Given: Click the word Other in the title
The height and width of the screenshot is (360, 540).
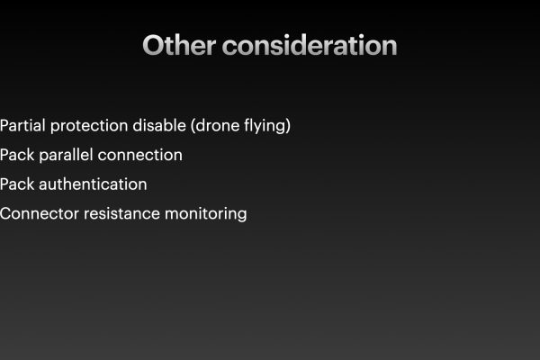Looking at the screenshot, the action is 179,45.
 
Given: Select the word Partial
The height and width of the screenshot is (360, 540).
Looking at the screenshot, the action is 22,125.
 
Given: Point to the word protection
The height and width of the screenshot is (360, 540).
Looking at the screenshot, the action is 89,126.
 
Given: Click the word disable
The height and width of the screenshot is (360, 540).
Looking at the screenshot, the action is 159,125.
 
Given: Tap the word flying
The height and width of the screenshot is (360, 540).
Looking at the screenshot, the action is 265,126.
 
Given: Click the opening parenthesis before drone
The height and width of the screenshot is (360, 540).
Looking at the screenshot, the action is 193,126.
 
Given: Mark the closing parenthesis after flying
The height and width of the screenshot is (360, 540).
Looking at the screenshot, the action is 288,126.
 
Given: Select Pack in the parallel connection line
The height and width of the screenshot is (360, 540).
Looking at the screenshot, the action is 17,155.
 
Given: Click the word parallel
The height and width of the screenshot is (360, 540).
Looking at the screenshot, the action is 66,155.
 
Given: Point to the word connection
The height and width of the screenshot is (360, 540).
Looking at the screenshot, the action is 140,156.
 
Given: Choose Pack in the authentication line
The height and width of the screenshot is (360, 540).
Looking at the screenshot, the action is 17,184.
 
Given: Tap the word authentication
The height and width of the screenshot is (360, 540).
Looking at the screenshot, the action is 93,184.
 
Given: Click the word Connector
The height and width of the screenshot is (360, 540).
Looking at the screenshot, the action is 40,214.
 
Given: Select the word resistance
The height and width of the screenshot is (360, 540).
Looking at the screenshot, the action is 121,214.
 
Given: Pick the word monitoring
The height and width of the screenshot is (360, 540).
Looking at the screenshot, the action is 206,214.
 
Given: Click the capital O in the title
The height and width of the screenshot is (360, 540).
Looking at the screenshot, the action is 153,45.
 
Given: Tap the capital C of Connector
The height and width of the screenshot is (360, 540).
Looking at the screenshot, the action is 6,213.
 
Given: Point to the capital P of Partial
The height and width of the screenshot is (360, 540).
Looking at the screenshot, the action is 4,125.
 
